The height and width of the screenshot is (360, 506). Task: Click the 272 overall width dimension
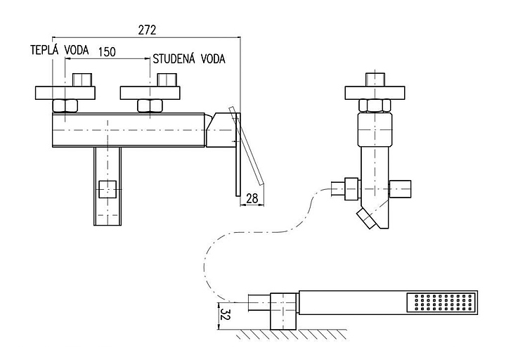pyautogui.click(x=147, y=30)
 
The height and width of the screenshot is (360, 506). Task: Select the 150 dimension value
pyautogui.click(x=108, y=52)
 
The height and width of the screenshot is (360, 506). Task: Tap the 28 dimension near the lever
pyautogui.click(x=252, y=199)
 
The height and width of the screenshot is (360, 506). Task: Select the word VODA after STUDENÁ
pyautogui.click(x=213, y=59)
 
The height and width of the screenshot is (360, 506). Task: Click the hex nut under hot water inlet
pyautogui.click(x=65, y=106)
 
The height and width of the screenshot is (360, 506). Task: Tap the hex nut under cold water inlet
pyautogui.click(x=150, y=106)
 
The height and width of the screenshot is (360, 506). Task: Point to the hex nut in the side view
pyautogui.click(x=375, y=105)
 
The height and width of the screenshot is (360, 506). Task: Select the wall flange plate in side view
pyautogui.click(x=375, y=91)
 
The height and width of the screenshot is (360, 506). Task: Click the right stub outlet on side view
pyautogui.click(x=402, y=190)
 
